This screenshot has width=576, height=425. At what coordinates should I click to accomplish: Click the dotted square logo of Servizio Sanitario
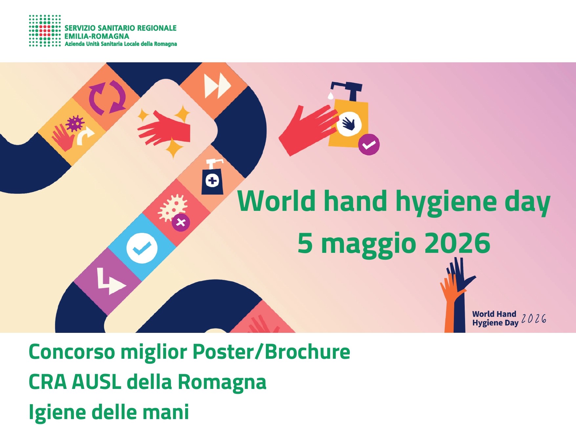(45, 31)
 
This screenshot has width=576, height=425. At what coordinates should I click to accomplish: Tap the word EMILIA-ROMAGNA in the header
(97, 36)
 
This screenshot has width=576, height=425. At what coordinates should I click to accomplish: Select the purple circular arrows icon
(107, 97)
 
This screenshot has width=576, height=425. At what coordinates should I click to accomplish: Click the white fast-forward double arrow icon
(217, 86)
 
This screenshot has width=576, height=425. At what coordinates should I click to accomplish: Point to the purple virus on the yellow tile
(75, 123)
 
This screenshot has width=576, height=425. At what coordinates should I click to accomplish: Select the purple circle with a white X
(181, 223)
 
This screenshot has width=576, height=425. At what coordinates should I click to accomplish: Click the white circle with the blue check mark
(142, 248)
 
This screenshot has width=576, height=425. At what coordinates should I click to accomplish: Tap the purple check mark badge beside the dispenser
(369, 145)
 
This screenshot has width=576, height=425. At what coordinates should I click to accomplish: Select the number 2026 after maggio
(457, 243)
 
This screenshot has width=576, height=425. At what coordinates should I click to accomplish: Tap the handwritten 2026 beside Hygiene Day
(534, 318)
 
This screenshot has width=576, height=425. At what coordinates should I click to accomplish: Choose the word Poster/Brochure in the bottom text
(271, 352)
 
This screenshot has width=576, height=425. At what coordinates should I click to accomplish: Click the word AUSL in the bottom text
(96, 382)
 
